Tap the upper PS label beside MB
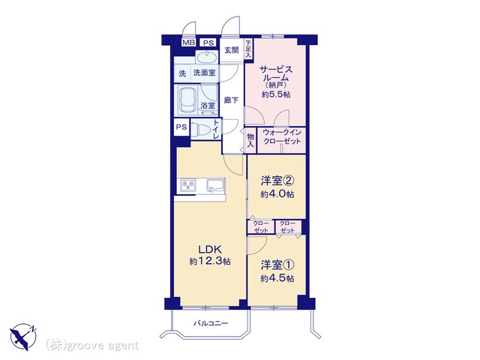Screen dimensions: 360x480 207,43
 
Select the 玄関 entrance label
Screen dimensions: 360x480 231,51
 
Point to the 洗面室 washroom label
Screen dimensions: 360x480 204,73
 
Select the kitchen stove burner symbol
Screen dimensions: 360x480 187,184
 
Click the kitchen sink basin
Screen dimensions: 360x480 214,184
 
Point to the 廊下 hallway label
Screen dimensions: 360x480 232,100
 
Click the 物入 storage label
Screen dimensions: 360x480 251,140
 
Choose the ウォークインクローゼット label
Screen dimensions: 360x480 283,137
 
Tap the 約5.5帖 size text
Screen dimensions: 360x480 277,95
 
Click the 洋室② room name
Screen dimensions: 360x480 276,181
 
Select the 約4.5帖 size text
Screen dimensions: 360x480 277,278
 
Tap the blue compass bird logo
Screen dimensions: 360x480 24,335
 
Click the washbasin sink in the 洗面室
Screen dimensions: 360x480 205,58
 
